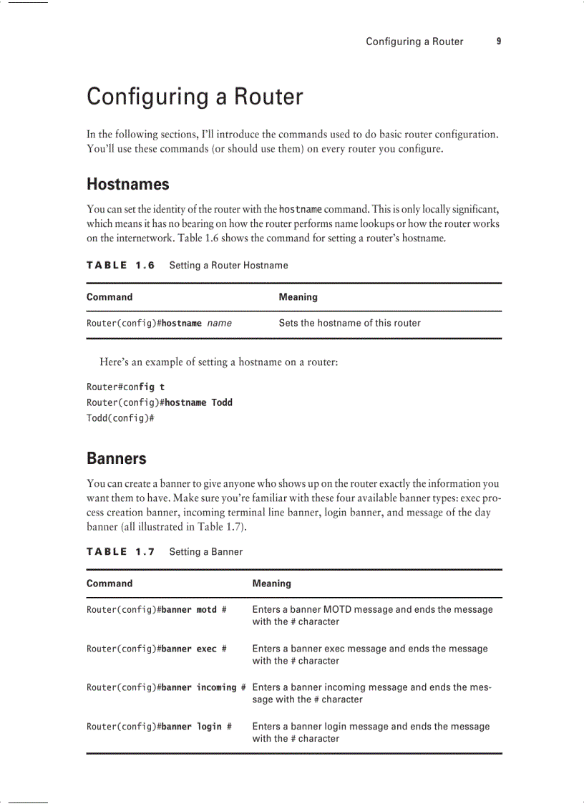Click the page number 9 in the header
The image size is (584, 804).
(498, 42)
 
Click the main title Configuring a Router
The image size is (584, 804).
(195, 97)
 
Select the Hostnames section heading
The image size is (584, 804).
(127, 184)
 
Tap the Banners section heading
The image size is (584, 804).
(116, 458)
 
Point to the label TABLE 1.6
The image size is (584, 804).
(120, 266)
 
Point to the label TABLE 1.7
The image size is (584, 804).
(120, 552)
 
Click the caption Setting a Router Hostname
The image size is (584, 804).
(228, 266)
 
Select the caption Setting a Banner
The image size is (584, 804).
(205, 552)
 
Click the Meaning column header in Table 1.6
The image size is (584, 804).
(298, 297)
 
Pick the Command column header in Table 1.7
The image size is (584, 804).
(109, 583)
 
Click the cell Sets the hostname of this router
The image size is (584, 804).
(349, 323)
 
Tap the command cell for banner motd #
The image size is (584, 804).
(156, 610)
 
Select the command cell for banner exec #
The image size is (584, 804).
(156, 649)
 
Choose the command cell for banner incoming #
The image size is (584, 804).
(166, 688)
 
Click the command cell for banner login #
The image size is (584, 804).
(159, 727)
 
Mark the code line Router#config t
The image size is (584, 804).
(125, 387)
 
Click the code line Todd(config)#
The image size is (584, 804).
(120, 418)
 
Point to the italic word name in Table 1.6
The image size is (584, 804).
(219, 324)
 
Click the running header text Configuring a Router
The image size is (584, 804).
(414, 42)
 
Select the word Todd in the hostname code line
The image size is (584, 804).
(222, 402)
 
